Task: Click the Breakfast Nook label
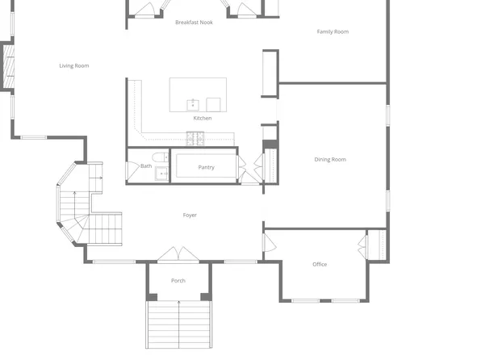(x=194, y=23)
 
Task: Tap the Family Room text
(x=332, y=31)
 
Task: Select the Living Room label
(x=74, y=65)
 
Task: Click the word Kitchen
(x=203, y=118)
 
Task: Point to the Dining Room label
(x=329, y=159)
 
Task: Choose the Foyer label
(x=190, y=215)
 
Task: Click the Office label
(x=320, y=264)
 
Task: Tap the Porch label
(x=178, y=281)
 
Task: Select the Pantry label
(x=206, y=167)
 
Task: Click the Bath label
(x=146, y=166)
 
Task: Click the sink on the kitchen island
(x=193, y=104)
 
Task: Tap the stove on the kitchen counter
(x=196, y=140)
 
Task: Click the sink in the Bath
(x=161, y=173)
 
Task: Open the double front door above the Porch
(x=178, y=254)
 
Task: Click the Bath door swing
(x=132, y=170)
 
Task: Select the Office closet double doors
(x=364, y=245)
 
